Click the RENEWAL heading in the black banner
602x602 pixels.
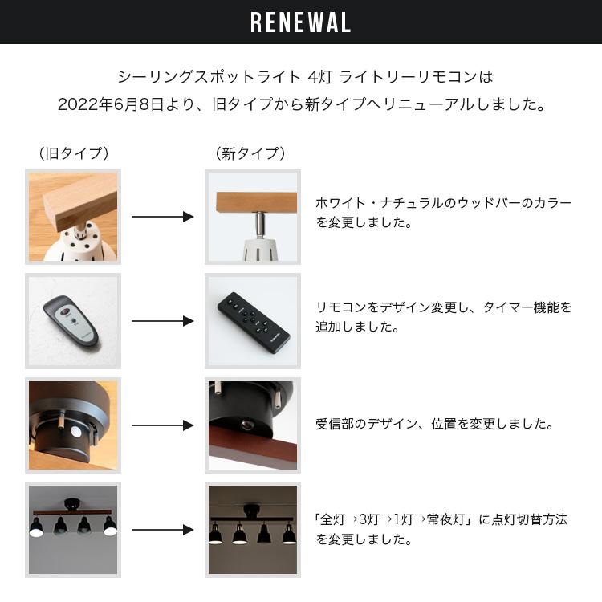[x=301, y=22]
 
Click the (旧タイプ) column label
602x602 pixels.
[x=73, y=153]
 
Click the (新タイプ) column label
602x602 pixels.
[x=250, y=153]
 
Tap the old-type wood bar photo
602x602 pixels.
[x=73, y=217]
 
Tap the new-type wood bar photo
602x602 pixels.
[x=253, y=217]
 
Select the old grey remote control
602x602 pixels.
[x=74, y=320]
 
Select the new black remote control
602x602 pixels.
[x=253, y=320]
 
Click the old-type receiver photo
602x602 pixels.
[x=73, y=425]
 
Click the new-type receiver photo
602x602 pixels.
[x=253, y=425]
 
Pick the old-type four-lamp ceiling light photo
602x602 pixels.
[x=73, y=529]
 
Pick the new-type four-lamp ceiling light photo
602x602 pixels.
[x=253, y=529]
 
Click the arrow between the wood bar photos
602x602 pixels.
[x=163, y=217]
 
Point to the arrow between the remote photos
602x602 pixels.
[x=163, y=321]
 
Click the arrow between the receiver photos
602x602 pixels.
[x=163, y=425]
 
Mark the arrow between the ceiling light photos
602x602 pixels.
[x=163, y=530]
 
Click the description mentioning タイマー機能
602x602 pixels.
[x=444, y=317]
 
